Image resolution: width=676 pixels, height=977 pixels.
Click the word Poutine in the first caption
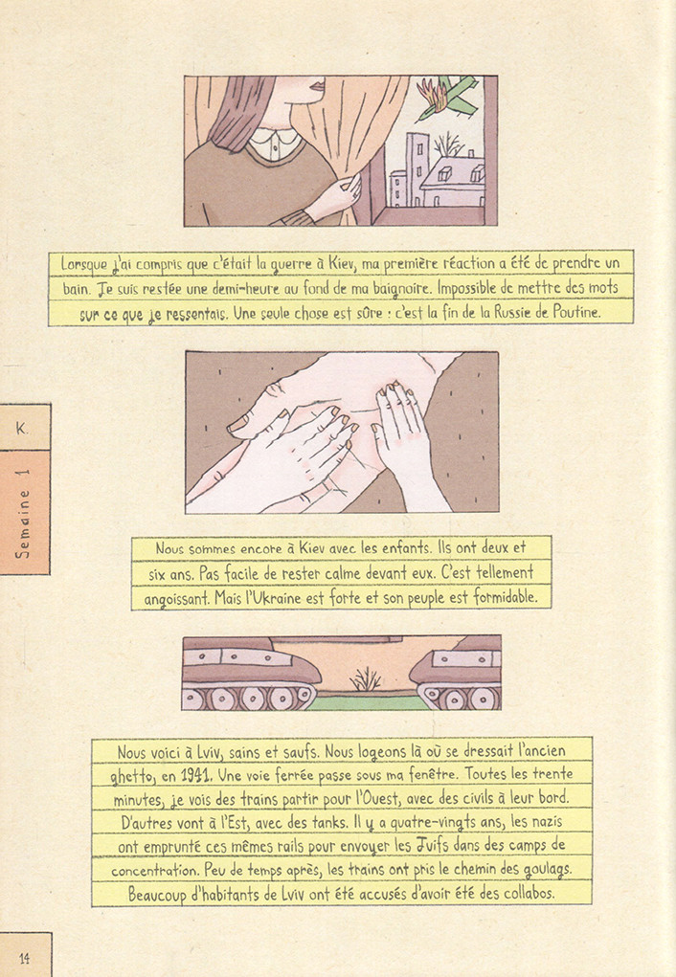(575, 312)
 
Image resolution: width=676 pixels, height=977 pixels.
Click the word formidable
(505, 597)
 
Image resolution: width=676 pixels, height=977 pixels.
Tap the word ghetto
(131, 776)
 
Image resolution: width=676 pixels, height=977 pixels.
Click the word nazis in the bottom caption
(547, 822)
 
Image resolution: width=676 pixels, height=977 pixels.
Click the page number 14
(24, 958)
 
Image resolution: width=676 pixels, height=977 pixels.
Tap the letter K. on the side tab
(22, 429)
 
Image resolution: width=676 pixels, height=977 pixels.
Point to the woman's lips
(318, 84)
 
